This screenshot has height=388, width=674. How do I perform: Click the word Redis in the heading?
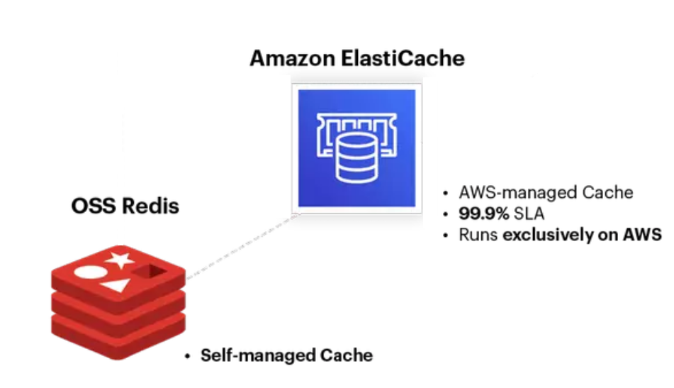point(151,206)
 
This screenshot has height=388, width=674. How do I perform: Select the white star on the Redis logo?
point(120,258)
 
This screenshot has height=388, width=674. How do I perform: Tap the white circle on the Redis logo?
point(88,271)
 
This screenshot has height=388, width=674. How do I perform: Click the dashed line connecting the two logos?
point(241,248)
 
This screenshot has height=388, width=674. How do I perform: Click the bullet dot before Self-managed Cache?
point(187,355)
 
